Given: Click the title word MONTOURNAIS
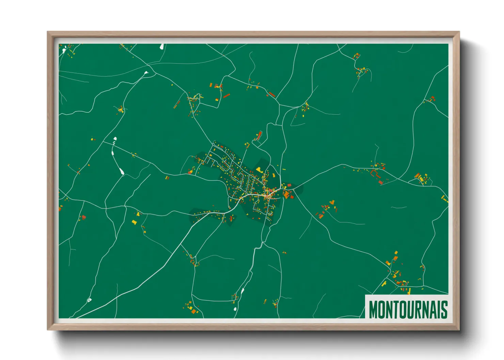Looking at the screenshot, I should click(408, 309).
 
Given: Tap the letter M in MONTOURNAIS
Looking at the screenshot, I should click(374, 309).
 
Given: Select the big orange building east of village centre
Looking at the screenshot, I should click(287, 194).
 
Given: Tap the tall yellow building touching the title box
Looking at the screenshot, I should click(409, 291).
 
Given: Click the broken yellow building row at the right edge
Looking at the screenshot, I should click(444, 198).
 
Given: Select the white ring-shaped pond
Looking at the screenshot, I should click(89, 300).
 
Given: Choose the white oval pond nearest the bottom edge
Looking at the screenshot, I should click(235, 309).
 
